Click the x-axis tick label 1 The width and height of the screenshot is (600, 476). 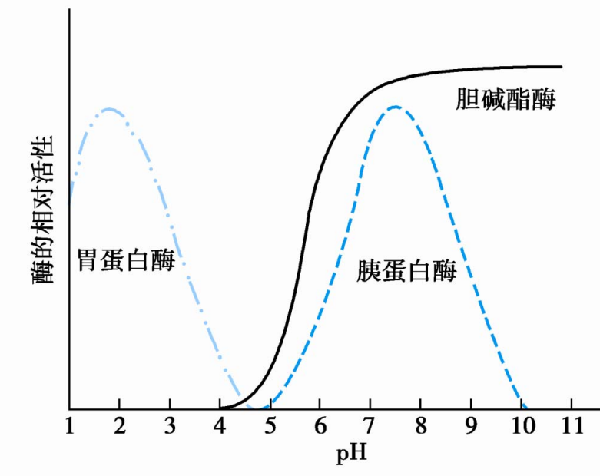click(x=70, y=425)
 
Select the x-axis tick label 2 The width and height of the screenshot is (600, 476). click(x=120, y=425)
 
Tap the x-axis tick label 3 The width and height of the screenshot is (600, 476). click(x=170, y=425)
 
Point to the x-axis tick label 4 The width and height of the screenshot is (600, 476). click(x=220, y=425)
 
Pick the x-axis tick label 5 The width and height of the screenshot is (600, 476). click(x=270, y=425)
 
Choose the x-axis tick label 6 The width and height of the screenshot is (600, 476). click(x=320, y=425)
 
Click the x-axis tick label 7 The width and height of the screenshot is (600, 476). click(x=370, y=425)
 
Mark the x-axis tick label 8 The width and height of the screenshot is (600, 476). click(x=419, y=425)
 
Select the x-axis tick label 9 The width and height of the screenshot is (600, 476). click(x=469, y=425)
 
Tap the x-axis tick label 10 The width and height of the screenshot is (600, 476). click(x=519, y=425)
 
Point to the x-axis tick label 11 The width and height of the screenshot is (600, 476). click(x=569, y=425)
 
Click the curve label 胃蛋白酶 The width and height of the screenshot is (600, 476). click(x=125, y=261)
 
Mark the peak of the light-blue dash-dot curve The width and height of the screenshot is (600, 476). click(x=110, y=109)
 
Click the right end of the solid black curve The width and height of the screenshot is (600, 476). click(x=562, y=67)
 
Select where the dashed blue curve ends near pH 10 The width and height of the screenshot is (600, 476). click(x=526, y=407)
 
